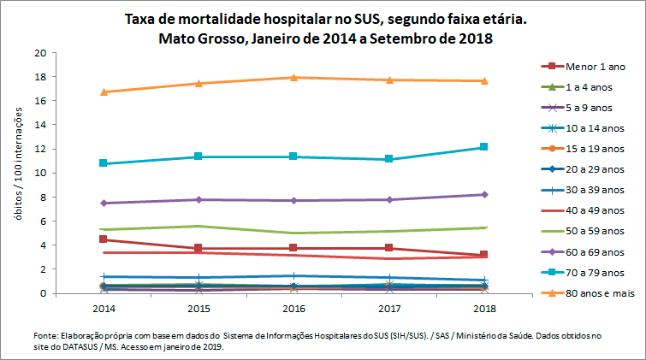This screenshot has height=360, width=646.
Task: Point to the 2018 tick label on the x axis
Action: [x=483, y=305]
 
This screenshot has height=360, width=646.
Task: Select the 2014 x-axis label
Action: [x=104, y=305]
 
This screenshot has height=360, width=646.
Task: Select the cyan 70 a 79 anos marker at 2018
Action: [x=483, y=147]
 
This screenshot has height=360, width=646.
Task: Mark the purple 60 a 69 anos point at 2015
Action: [x=199, y=199]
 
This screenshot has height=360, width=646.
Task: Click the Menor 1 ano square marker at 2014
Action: [x=104, y=239]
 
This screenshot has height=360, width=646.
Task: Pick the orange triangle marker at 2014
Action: [x=104, y=91]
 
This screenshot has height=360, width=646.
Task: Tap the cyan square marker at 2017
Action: [x=388, y=159]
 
